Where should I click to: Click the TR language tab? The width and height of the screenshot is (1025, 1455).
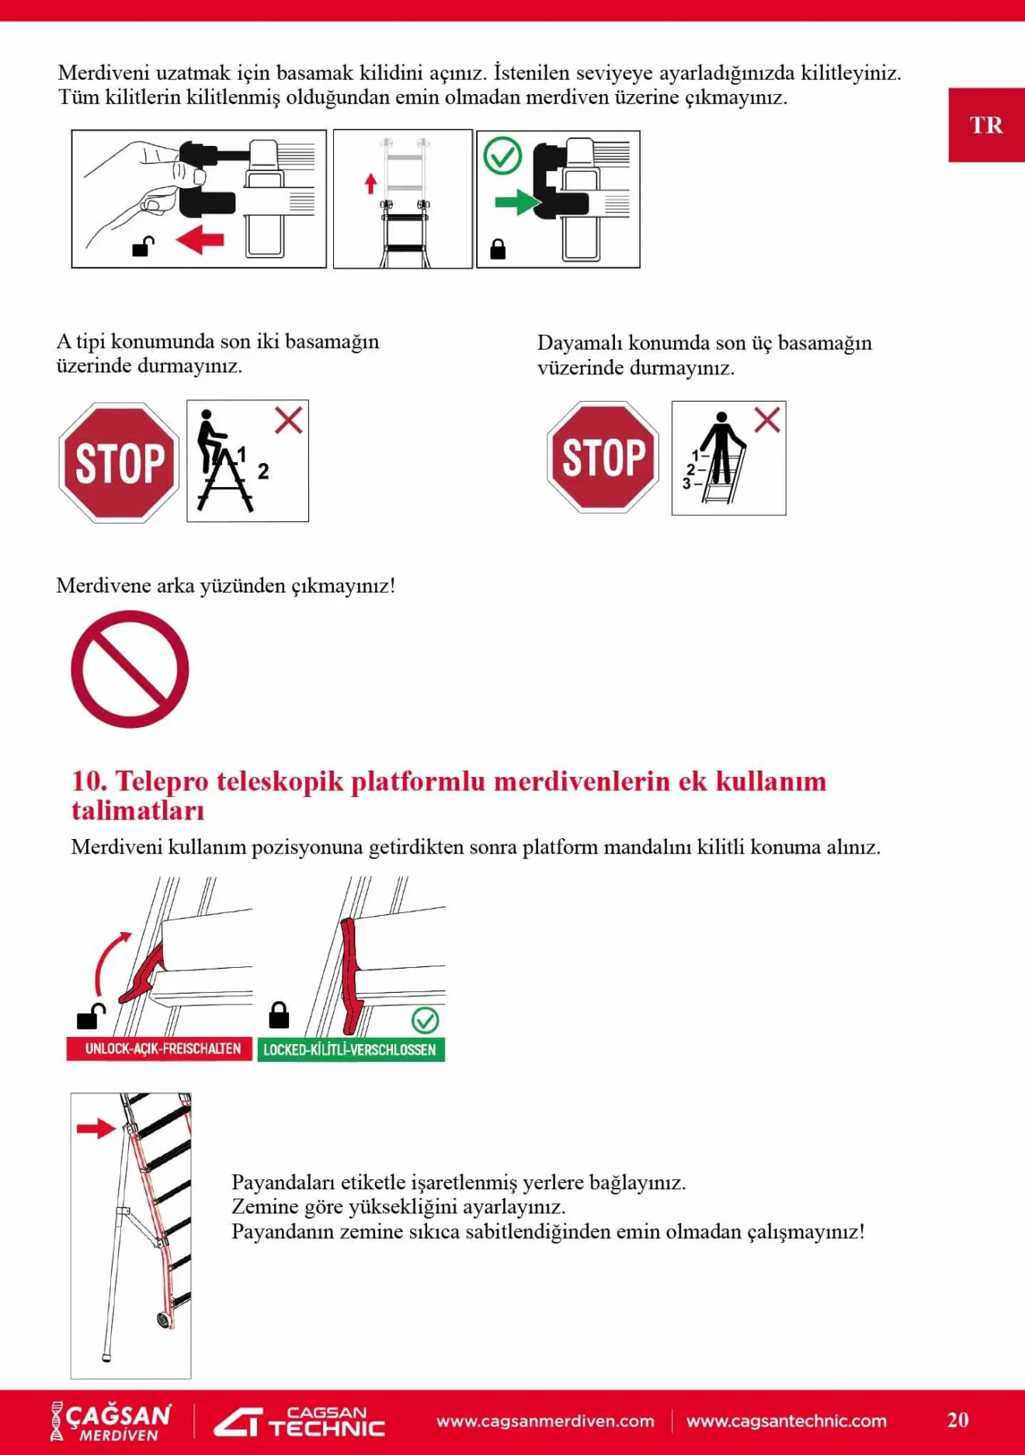click(985, 125)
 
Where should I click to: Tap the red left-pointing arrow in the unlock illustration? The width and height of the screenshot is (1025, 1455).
click(200, 240)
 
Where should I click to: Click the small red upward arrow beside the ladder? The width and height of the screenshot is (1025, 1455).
click(370, 183)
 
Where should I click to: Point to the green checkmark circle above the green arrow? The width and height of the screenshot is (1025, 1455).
click(502, 156)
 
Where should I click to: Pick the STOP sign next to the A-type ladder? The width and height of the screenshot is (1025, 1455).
click(120, 463)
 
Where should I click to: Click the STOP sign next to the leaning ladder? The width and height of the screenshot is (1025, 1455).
click(603, 457)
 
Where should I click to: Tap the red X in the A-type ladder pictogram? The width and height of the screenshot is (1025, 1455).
click(288, 421)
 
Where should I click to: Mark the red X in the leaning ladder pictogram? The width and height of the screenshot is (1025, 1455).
click(767, 420)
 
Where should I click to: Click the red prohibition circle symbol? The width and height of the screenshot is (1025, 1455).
click(130, 669)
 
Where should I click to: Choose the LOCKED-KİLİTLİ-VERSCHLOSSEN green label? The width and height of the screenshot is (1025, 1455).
click(351, 1049)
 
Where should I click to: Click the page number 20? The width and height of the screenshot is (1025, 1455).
click(957, 1420)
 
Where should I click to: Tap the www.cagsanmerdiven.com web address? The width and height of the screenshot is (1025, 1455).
click(545, 1421)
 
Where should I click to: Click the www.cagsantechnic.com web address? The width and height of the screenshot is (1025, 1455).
click(786, 1421)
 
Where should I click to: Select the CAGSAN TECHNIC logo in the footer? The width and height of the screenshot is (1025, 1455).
click(300, 1422)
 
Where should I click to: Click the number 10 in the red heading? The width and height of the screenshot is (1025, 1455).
click(87, 781)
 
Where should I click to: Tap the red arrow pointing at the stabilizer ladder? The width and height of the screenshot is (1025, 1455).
click(96, 1129)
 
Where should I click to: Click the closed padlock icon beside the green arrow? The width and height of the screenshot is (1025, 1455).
click(498, 249)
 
